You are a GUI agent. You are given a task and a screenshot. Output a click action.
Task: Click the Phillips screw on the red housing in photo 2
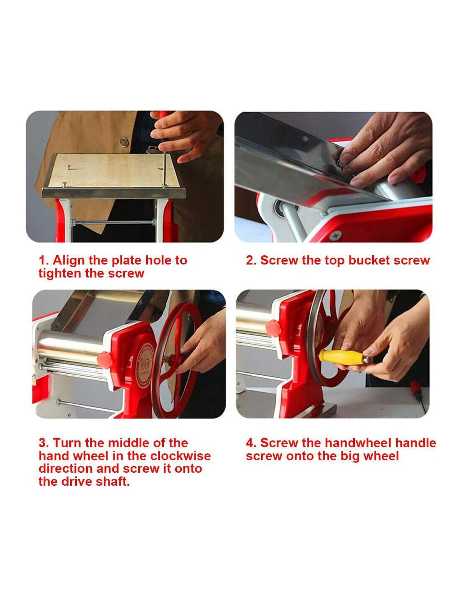336,235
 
